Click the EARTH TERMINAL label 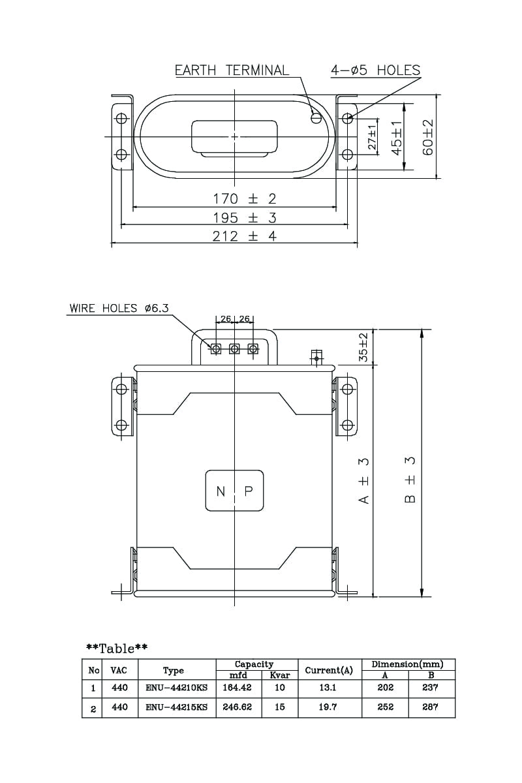coord(232,70)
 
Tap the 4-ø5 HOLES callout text coord(375,70)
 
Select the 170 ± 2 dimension coord(245,198)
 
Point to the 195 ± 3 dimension coord(245,217)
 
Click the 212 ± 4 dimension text coord(245,236)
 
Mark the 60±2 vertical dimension coord(428,137)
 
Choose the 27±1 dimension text coord(373,137)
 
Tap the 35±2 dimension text coord(363,347)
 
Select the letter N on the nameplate coord(221,491)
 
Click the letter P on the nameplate coord(249,491)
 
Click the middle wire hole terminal coord(234,348)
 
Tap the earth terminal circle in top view coord(316,118)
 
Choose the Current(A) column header coord(329,670)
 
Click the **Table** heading coord(117,648)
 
